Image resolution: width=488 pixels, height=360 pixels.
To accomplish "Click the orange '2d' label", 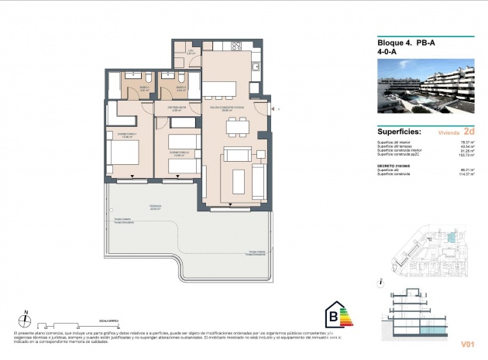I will [x=469, y=131].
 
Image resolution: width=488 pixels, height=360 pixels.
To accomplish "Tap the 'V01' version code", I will [x=467, y=343].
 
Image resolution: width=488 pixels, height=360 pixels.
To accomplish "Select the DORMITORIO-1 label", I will [x=126, y=134].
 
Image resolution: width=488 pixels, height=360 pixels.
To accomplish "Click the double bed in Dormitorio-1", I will [x=124, y=156].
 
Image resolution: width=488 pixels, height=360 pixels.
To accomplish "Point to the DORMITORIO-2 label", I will [x=178, y=153].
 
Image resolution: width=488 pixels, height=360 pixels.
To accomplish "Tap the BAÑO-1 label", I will [x=144, y=88].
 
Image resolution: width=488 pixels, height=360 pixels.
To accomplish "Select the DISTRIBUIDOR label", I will [x=176, y=108].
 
